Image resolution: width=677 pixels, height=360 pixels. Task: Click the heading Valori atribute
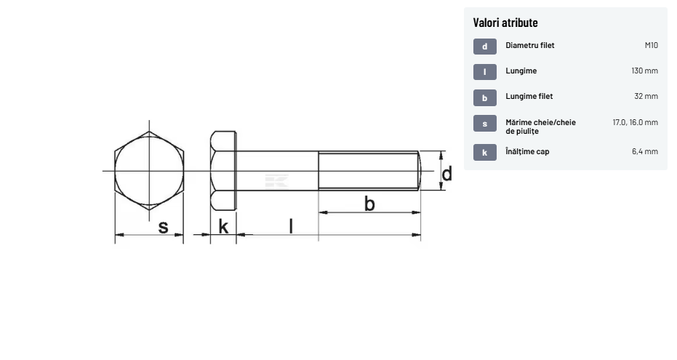[x=505, y=23]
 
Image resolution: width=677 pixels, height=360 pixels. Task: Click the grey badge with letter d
[x=485, y=47]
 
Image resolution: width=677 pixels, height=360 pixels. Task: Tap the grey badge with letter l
[x=485, y=72]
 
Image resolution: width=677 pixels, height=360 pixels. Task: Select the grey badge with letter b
[x=485, y=98]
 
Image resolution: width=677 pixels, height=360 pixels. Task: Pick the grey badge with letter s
[x=485, y=124]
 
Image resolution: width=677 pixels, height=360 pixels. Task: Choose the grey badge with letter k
[x=485, y=153]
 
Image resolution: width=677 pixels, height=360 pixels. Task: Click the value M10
[x=651, y=45]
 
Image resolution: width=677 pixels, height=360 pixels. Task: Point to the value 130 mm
[x=644, y=71]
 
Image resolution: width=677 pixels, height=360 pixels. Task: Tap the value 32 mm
[x=646, y=96]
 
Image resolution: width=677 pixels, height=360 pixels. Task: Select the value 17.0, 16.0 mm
[x=635, y=122]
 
